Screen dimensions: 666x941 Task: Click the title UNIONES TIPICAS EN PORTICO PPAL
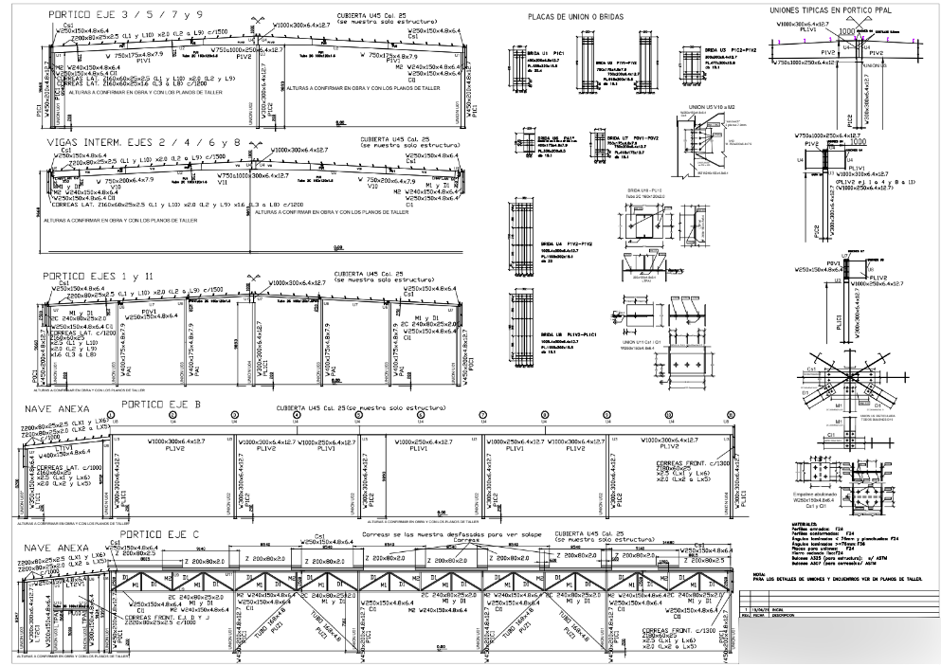[x=835, y=9]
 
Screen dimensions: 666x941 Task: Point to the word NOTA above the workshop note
[x=759, y=572]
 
